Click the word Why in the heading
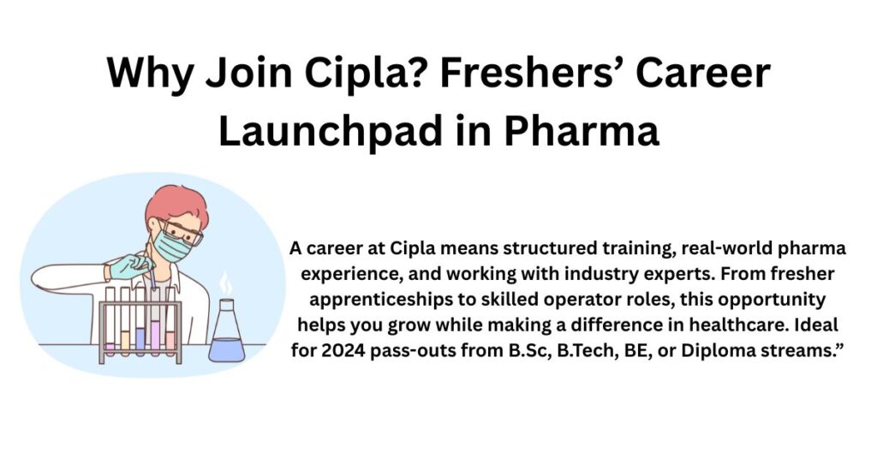click(150, 74)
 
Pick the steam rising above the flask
click(225, 283)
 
